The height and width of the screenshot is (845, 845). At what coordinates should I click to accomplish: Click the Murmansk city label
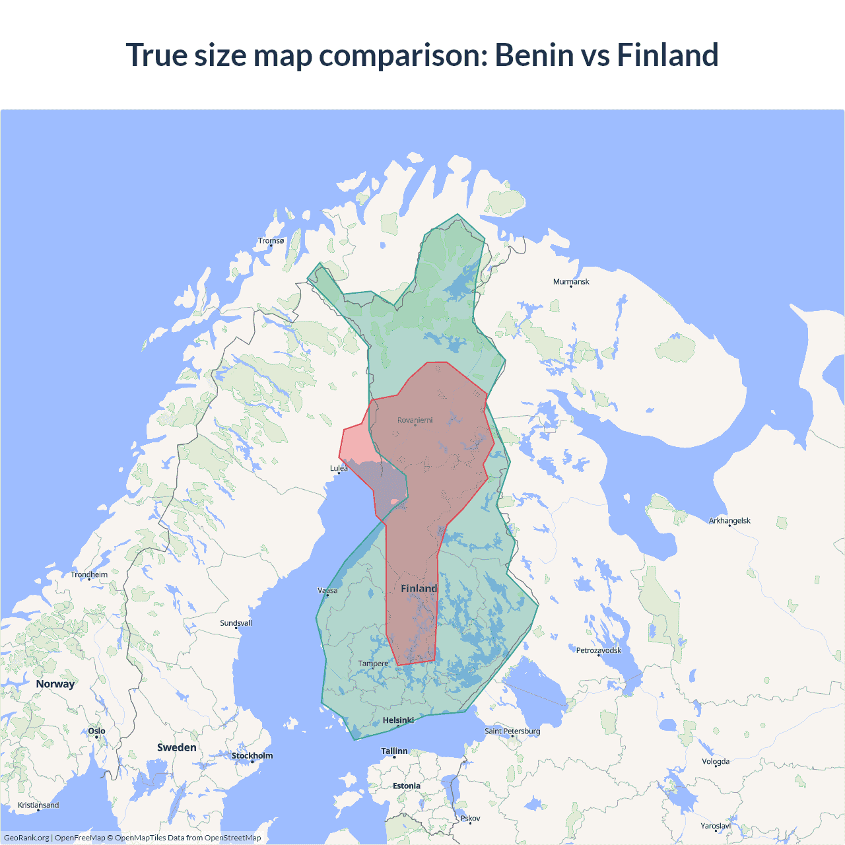point(571,282)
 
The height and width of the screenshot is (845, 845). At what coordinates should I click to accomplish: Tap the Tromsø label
point(271,241)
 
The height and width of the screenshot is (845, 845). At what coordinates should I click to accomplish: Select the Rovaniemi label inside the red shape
point(415,421)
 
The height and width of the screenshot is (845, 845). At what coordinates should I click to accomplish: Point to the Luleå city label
point(339,468)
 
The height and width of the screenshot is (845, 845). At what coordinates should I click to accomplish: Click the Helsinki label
point(398,720)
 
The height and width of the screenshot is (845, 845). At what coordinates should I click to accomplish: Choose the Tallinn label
point(394,751)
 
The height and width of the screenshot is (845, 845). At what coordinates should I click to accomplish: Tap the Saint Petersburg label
point(512,731)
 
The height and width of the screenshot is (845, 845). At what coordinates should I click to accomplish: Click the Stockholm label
point(252,756)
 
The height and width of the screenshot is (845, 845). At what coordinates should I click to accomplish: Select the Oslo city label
point(96,731)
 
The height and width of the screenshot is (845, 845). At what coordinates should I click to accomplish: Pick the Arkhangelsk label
point(729,521)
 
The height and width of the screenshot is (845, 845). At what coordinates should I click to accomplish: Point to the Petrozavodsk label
point(599,650)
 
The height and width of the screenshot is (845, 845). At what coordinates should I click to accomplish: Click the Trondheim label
point(89,575)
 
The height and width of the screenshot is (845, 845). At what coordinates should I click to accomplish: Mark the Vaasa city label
point(327,591)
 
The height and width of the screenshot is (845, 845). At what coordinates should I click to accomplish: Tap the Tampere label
point(373,663)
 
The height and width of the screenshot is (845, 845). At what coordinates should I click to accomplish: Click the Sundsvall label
point(236,623)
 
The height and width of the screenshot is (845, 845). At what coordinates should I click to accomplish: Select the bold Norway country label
point(55,684)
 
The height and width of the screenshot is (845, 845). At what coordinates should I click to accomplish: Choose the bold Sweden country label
point(176,747)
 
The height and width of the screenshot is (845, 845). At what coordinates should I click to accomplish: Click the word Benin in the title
point(534,55)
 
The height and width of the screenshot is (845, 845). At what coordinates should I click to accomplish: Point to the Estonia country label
point(406,786)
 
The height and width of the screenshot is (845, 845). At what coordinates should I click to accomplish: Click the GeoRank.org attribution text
point(26,838)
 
